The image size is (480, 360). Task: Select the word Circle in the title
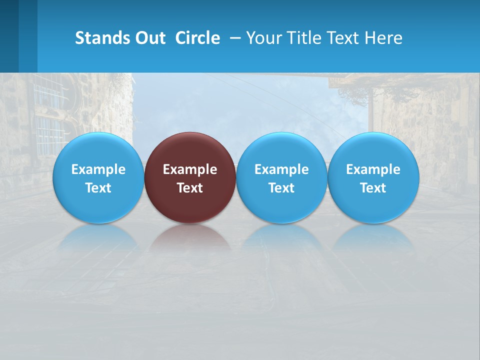click(197, 38)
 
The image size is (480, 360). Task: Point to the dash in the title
click(233, 38)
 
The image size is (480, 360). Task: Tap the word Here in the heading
click(383, 38)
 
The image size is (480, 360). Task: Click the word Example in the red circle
click(190, 169)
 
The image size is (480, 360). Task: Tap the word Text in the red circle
click(190, 188)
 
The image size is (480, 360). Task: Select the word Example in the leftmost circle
click(98, 169)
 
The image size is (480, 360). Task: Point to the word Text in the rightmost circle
click(373, 188)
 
